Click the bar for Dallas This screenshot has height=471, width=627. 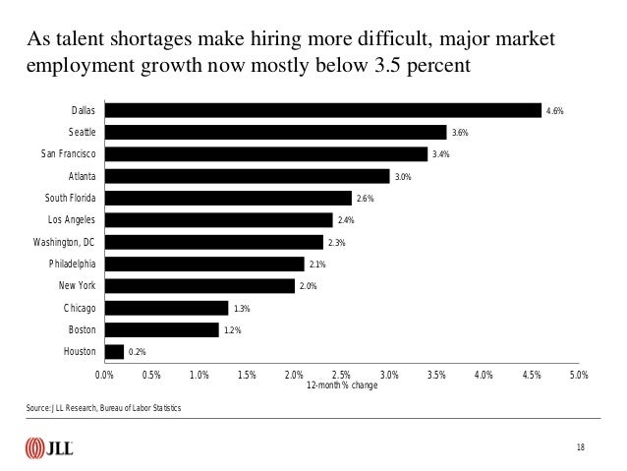(323, 110)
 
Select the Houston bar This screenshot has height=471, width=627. (114, 351)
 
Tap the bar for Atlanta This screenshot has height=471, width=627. (247, 176)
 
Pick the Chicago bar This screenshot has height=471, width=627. (166, 308)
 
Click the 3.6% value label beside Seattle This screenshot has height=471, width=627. (459, 133)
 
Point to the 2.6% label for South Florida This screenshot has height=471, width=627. (364, 199)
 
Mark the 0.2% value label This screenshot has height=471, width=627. (136, 352)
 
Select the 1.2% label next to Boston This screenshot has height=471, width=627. (232, 330)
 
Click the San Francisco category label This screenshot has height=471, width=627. (68, 153)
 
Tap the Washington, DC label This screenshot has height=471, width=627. (64, 241)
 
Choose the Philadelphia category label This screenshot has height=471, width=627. (72, 264)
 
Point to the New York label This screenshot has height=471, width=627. (77, 285)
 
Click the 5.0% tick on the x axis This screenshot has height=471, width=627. (578, 375)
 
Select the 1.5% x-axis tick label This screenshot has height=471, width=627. (247, 375)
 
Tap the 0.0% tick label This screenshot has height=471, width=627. (104, 375)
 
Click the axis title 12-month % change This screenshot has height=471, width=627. (341, 385)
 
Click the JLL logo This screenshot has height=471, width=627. (50, 448)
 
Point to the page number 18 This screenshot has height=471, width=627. (581, 448)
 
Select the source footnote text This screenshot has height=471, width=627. (104, 407)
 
